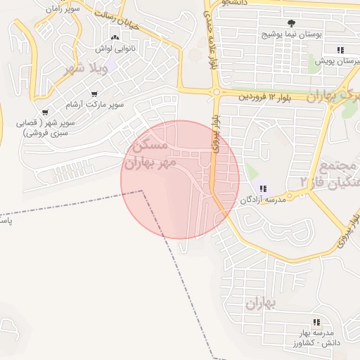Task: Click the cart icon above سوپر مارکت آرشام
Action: coord(94,94)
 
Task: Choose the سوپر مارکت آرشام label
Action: coord(93,105)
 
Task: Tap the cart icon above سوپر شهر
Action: coord(45,112)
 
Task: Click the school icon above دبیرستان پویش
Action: coord(340,50)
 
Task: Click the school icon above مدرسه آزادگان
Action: coord(264,188)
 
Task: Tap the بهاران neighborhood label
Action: coord(260,303)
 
